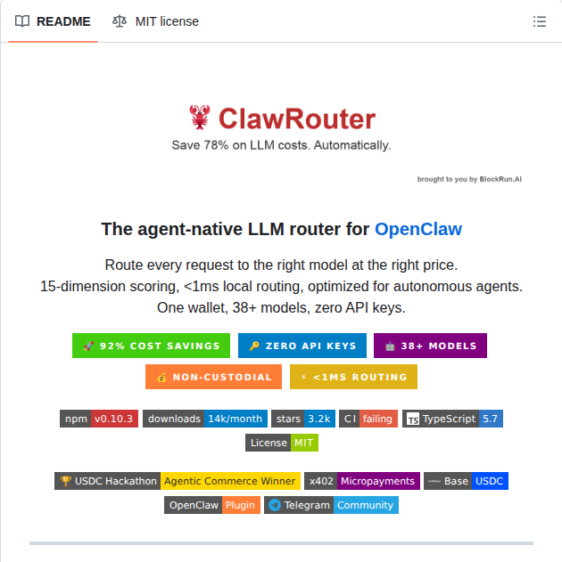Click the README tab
point(54,21)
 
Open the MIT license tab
point(156,21)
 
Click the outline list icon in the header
point(539,21)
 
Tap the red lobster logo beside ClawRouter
point(199,117)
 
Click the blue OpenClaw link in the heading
point(418,229)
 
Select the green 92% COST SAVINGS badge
point(151,346)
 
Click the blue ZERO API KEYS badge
point(302,346)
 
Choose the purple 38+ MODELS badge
point(430,346)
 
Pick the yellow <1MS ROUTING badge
point(353,377)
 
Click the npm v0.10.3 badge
point(99,419)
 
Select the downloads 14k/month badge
point(205,419)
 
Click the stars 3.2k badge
point(303,419)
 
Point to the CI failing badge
point(368,419)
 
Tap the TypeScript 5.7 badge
point(452,419)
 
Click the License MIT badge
point(282,443)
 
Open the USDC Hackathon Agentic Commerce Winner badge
point(177,481)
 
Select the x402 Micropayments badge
point(361,481)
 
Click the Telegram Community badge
point(331,505)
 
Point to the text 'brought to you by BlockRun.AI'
point(469,179)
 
